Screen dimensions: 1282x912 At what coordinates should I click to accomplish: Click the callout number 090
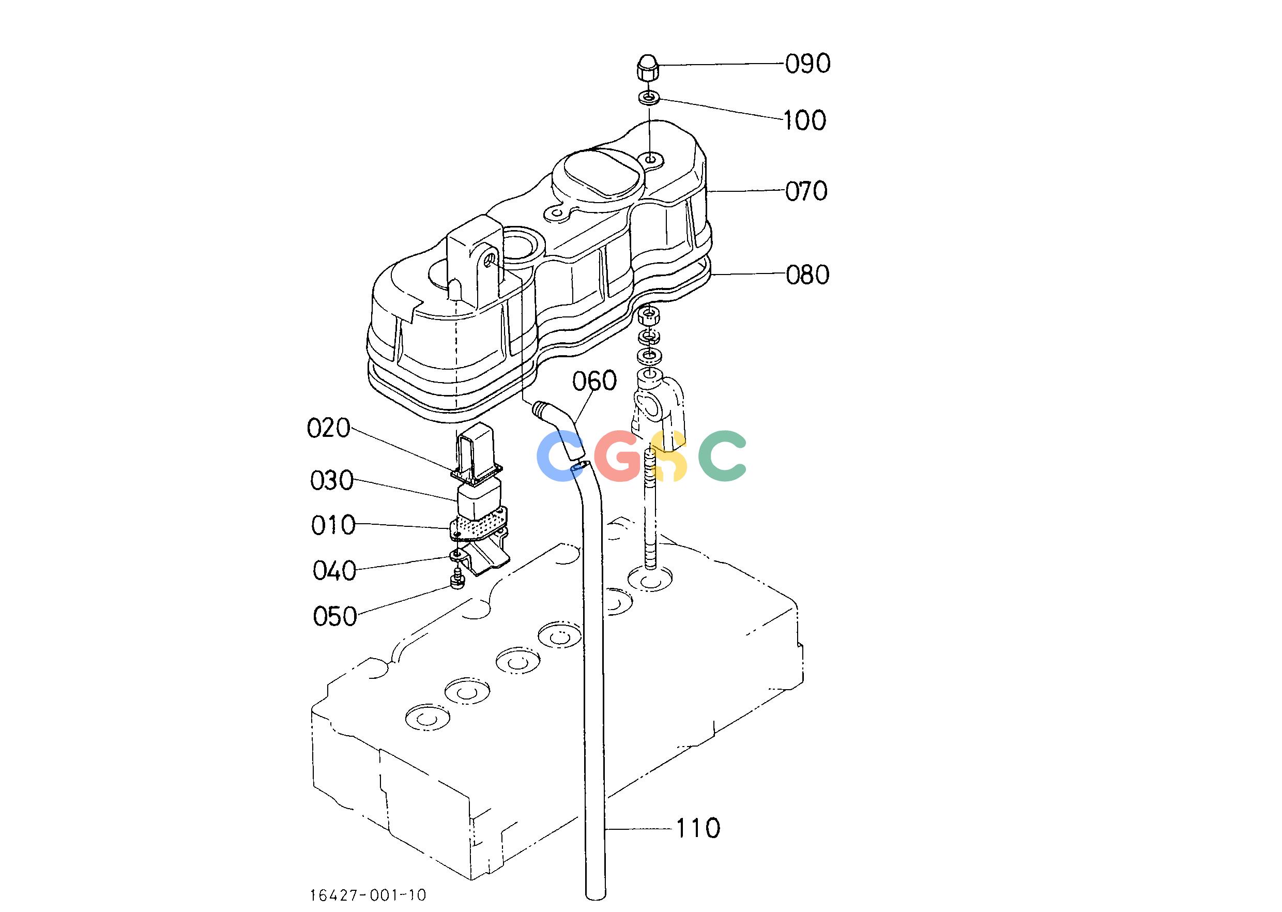click(x=807, y=65)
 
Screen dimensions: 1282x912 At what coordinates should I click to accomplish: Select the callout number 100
click(x=805, y=121)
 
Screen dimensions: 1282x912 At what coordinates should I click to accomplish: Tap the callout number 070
click(x=806, y=191)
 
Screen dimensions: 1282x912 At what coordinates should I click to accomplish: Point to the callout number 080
click(x=807, y=275)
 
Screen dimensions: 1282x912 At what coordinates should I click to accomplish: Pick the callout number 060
click(x=594, y=382)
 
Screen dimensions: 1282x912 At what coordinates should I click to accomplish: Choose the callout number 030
click(x=332, y=481)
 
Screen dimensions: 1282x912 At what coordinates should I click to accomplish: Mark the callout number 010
click(x=333, y=526)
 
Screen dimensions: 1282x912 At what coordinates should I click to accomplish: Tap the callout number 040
click(x=334, y=571)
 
